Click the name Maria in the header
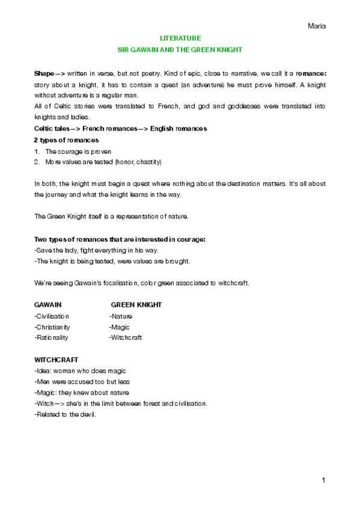[x=316, y=26]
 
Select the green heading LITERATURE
[x=180, y=37]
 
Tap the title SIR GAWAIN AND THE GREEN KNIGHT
[x=180, y=49]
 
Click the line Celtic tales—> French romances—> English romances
[x=121, y=129]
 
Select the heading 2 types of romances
[x=66, y=140]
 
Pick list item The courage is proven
[x=78, y=151]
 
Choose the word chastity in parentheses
[x=147, y=162]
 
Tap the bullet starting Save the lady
[x=97, y=250]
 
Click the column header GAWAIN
[x=47, y=305]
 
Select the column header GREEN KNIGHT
[x=136, y=305]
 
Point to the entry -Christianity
[x=53, y=327]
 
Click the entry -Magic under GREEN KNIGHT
[x=120, y=327]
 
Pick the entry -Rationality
[x=52, y=338]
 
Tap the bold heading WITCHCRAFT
[x=56, y=360]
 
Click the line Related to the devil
[x=66, y=414]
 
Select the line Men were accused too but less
[x=82, y=382]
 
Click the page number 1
[x=323, y=481]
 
